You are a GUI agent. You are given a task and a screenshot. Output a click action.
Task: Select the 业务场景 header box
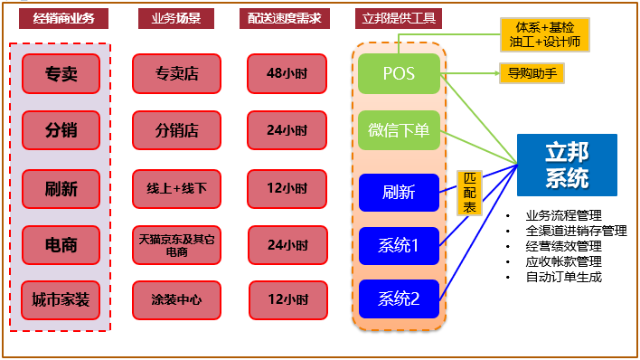pos(176,18)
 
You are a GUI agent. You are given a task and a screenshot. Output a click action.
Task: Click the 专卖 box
pos(61,73)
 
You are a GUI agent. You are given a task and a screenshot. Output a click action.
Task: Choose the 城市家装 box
pos(61,299)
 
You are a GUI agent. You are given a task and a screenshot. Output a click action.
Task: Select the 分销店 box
pos(176,130)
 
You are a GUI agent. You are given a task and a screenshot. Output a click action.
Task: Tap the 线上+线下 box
pos(176,188)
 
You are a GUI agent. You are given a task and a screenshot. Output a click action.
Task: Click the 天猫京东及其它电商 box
pos(176,245)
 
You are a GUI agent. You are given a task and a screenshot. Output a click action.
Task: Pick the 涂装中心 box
pos(176,299)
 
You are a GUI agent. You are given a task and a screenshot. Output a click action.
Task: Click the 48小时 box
pos(287,73)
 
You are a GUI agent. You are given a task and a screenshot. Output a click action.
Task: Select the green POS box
pos(399,73)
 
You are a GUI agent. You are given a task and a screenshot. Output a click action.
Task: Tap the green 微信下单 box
pos(399,130)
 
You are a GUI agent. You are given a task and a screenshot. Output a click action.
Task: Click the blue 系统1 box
pos(399,245)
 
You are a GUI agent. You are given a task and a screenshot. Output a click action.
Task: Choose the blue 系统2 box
pos(399,299)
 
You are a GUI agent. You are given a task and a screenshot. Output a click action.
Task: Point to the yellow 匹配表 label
pos(469,194)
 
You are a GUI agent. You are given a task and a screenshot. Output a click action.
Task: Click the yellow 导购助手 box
pos(531,73)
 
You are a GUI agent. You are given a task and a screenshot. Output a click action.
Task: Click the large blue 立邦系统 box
pos(567,165)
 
